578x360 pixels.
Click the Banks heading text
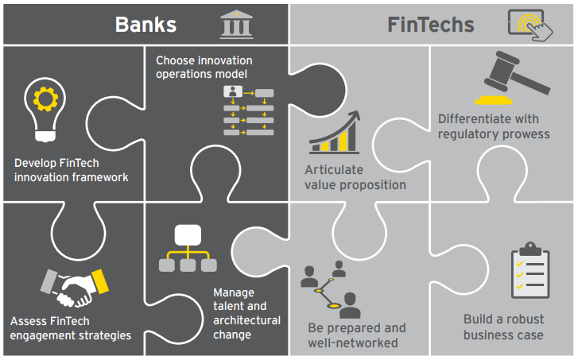click(145, 24)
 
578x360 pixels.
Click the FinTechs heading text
click(430, 24)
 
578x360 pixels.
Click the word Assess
click(29, 322)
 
